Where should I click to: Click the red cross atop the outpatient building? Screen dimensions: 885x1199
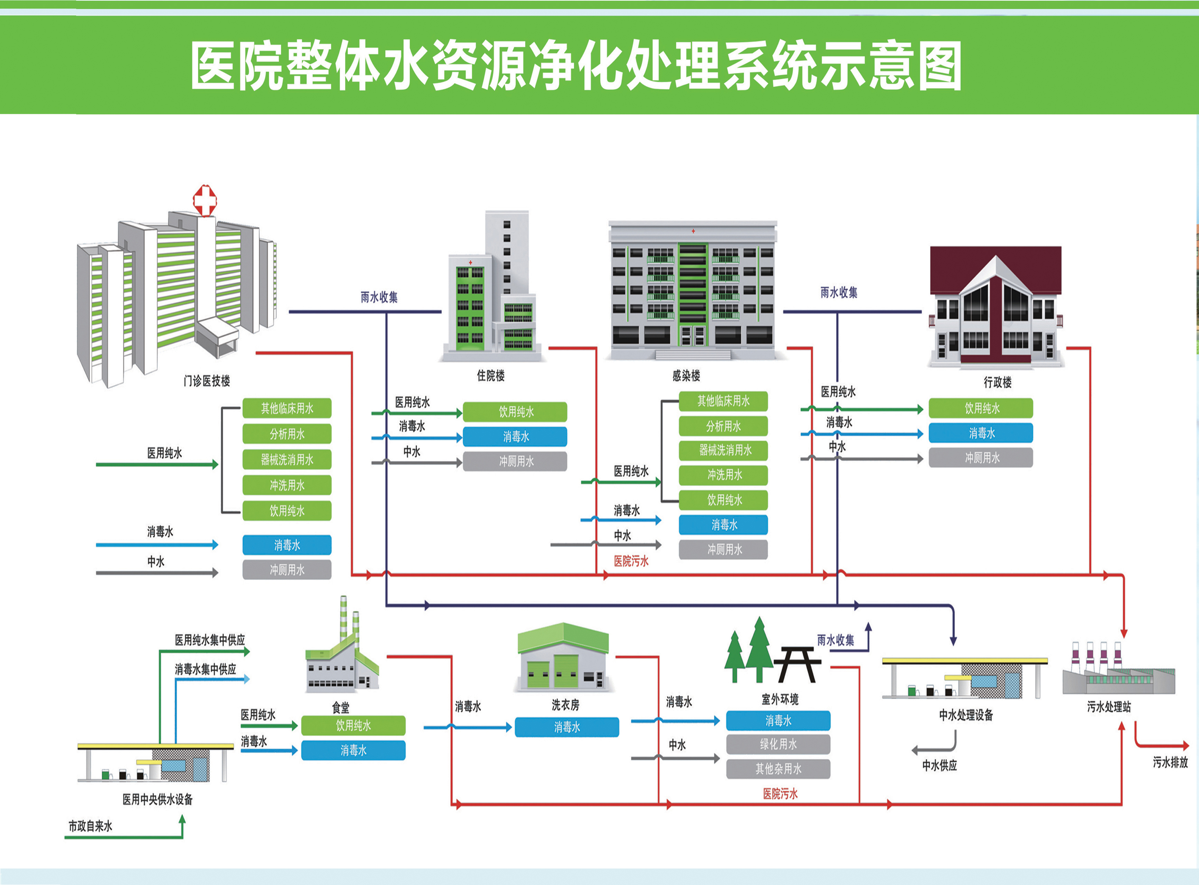[205, 200]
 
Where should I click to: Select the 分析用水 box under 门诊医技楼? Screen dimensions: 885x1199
[287, 434]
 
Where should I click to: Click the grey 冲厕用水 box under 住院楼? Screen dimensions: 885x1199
[515, 461]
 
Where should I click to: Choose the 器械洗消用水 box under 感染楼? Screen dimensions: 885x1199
[723, 450]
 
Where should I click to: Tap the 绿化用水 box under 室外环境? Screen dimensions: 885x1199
[778, 744]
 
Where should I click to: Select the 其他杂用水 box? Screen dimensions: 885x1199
[778, 769]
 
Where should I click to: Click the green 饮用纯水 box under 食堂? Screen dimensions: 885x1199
[353, 726]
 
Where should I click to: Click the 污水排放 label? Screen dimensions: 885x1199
[1170, 762]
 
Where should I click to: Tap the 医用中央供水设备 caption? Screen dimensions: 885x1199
[157, 799]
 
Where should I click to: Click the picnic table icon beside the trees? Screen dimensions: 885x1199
[797, 664]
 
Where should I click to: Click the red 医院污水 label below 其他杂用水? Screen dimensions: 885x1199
[780, 793]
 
